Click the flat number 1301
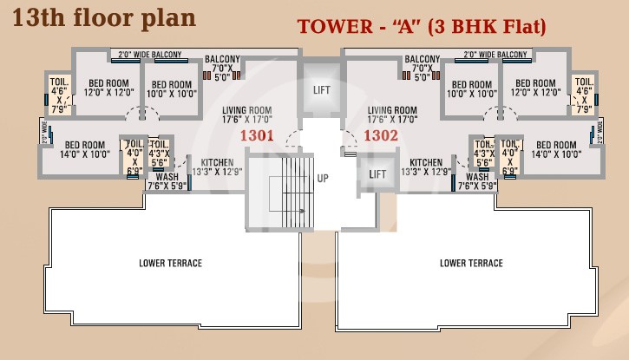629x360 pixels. coord(257,135)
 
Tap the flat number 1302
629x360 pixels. coord(380,135)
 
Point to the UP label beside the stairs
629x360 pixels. coord(323,179)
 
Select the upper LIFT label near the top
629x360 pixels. coord(321,89)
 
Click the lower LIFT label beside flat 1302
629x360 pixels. coord(377,174)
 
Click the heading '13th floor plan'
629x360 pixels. coord(103,16)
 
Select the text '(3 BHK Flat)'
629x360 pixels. coord(495,27)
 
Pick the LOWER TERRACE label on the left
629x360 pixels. coord(170,263)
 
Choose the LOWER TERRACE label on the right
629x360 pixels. coord(471,263)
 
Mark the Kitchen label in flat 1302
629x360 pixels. coord(426,167)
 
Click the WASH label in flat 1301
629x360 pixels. coord(167,180)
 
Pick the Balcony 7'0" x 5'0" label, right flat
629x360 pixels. coord(423,68)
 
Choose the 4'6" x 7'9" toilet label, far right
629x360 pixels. coord(583,95)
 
